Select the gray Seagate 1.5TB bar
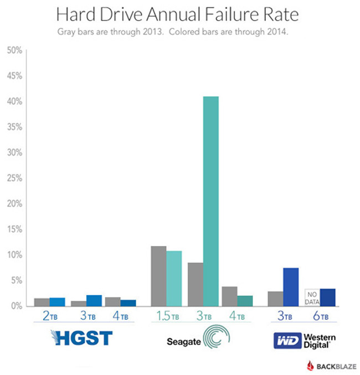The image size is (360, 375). click(158, 276)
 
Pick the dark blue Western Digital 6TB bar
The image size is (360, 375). click(328, 297)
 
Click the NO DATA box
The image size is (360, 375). click(312, 297)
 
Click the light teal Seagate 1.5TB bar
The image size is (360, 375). click(174, 278)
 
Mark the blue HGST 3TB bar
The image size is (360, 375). click(94, 300)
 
